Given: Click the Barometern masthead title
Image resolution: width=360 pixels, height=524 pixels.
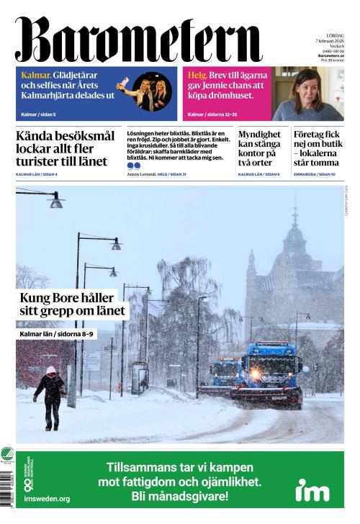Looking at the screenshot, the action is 138,40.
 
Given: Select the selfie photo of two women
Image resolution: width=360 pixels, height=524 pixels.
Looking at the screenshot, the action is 152,91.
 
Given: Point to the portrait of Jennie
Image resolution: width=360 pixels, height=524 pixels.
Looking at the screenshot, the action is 307,94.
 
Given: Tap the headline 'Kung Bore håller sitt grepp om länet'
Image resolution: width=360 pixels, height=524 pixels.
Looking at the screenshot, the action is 72,304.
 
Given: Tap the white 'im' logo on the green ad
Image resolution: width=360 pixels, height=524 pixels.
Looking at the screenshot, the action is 312,489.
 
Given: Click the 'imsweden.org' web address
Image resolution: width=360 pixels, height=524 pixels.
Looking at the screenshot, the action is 47,498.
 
